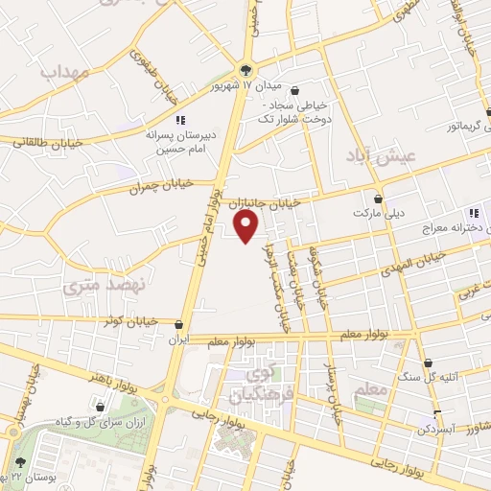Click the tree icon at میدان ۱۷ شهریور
tap(246, 69)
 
